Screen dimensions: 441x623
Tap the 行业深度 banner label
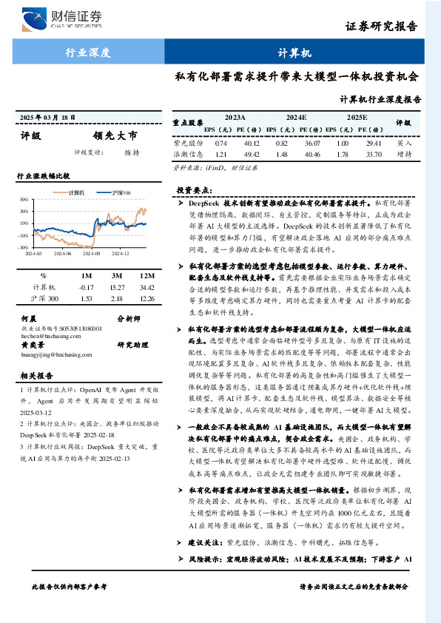point(88,53)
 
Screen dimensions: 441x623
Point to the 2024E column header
point(296,117)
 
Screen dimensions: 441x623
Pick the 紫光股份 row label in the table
point(187,142)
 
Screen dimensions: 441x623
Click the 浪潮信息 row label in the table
point(187,155)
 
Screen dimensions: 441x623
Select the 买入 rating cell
point(404,142)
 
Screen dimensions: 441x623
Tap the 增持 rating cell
point(404,155)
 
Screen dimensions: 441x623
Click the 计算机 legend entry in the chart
point(76,192)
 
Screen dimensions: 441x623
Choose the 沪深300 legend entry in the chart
point(121,192)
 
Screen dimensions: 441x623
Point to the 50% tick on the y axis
point(24,199)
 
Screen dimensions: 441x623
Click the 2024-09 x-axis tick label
point(92,252)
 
